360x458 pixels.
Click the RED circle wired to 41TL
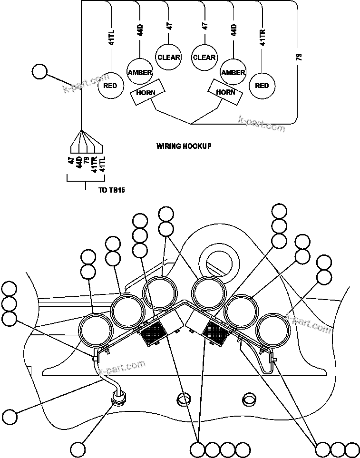click(x=110, y=86)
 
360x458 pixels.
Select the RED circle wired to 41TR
click(x=262, y=86)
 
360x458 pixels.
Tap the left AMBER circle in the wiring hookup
click(x=139, y=72)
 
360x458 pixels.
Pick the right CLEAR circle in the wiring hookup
click(x=204, y=58)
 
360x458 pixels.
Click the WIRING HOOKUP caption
click(x=184, y=146)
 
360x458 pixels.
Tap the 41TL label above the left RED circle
click(x=111, y=37)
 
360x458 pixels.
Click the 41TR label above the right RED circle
click(x=262, y=37)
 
